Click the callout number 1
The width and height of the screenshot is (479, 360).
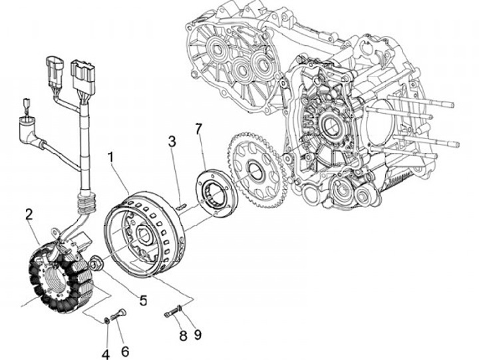pos(111,157)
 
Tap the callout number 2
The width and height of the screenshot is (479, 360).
pos(29,214)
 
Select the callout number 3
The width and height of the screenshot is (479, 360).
pos(172,141)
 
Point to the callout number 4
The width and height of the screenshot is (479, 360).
pos(105,354)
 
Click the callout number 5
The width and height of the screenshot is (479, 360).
pos(142,299)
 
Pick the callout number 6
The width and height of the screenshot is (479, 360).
pos(125,350)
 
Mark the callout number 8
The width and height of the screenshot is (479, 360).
pos(183,335)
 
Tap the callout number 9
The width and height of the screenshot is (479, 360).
pos(197,334)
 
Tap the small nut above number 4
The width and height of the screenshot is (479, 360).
pos(106,321)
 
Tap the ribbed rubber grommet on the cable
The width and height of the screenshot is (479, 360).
pos(86,199)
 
